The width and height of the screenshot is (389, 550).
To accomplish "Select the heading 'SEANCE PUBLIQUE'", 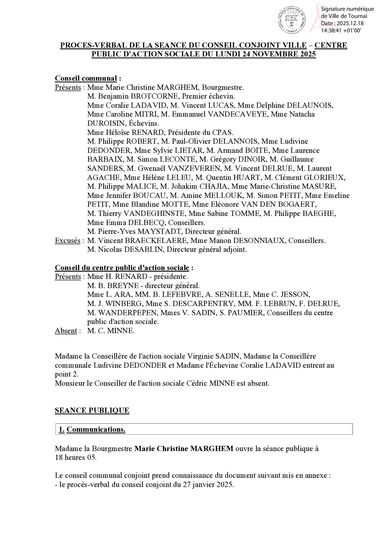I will pyautogui.click(x=92, y=410).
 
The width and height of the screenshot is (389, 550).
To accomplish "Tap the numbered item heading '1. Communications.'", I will pyautogui.click(x=92, y=429).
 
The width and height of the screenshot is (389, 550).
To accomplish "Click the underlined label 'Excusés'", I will pyautogui.click(x=67, y=241).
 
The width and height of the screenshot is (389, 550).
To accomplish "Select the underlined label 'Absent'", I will pyautogui.click(x=66, y=331).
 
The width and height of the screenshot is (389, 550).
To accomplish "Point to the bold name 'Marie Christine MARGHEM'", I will pyautogui.click(x=184, y=448).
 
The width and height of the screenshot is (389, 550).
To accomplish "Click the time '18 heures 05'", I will pyautogui.click(x=75, y=457).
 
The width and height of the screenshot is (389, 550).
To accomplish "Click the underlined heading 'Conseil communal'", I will pyautogui.click(x=86, y=78).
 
